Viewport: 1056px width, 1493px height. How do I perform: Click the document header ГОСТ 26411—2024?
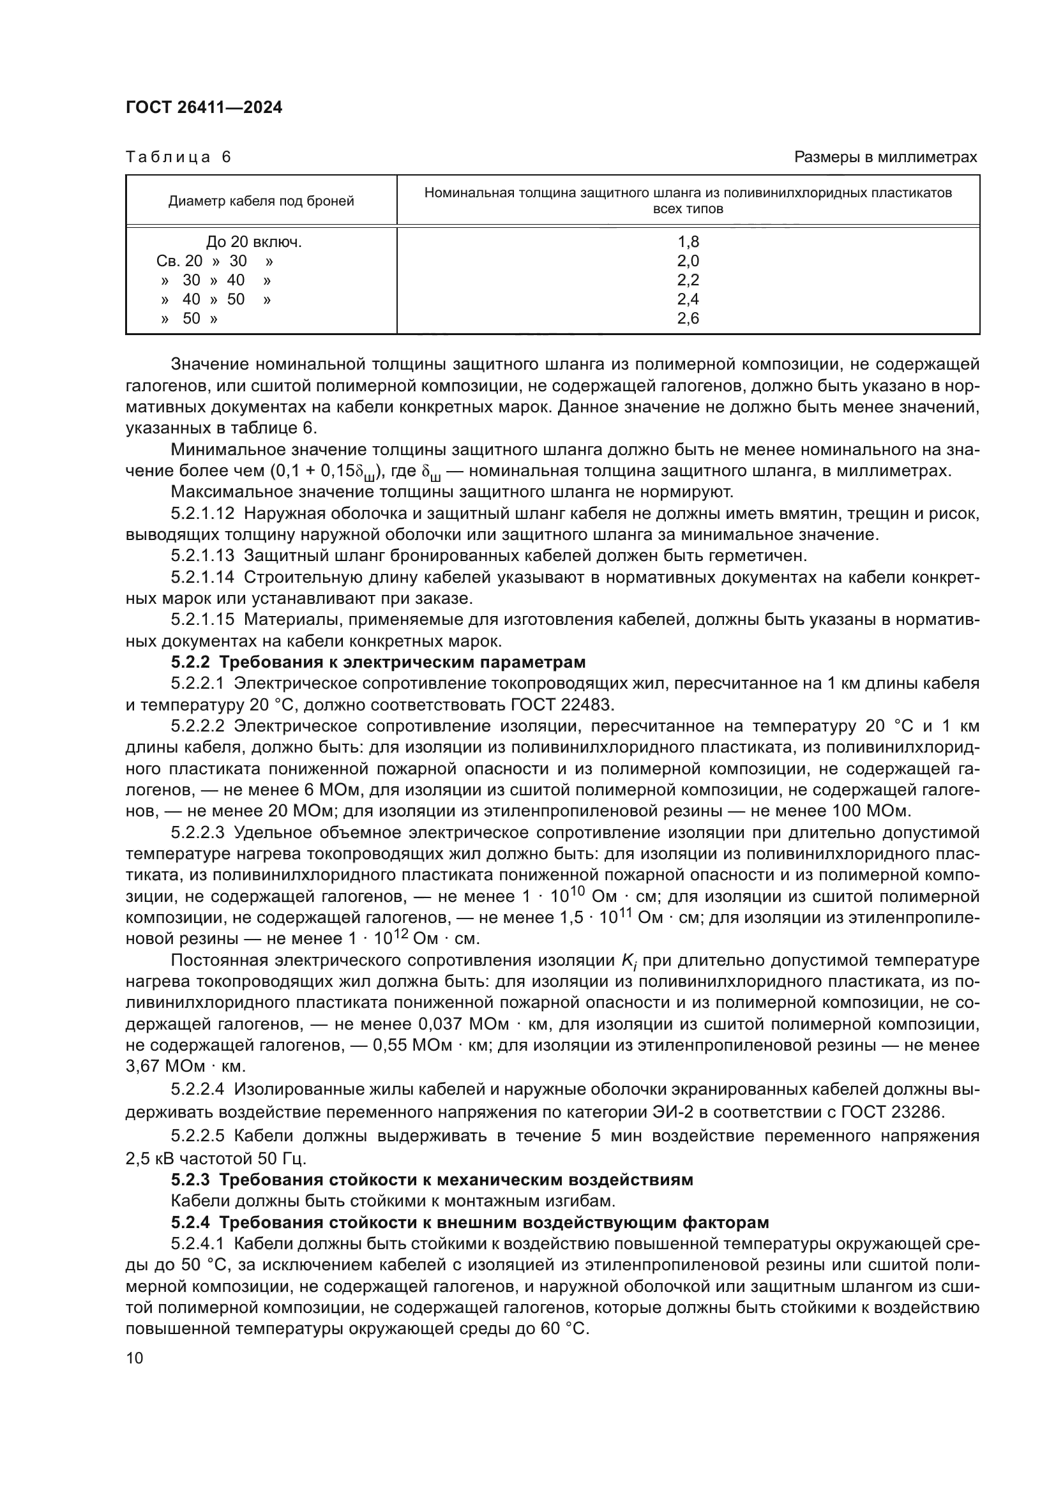(204, 108)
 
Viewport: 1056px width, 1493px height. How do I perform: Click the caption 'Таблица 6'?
(178, 158)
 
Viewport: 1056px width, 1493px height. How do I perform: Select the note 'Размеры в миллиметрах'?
(886, 158)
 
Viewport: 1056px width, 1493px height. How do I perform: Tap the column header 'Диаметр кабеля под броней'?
(260, 201)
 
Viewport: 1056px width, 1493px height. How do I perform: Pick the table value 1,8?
(688, 242)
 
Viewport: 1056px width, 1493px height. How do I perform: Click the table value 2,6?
(688, 319)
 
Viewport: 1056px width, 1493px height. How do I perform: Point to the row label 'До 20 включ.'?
(254, 242)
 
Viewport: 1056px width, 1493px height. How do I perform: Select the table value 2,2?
(688, 280)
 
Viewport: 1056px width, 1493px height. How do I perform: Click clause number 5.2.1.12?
(202, 514)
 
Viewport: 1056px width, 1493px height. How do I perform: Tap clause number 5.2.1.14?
(202, 578)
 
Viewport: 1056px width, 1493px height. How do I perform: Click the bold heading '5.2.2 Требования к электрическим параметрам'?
(379, 663)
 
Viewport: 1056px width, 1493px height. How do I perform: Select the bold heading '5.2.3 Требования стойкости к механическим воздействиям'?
(432, 1180)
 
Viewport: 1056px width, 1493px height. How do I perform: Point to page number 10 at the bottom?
(135, 1358)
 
